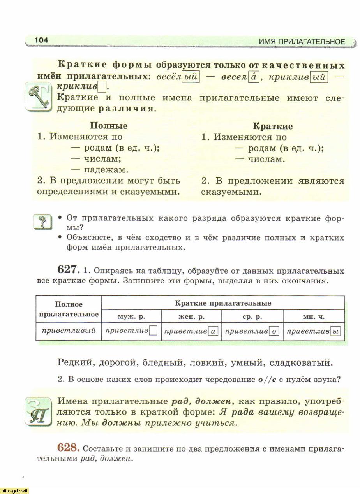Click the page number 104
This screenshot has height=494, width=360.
point(41,40)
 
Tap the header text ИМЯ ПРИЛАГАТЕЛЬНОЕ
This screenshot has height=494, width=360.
point(302,42)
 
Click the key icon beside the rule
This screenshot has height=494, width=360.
point(38,96)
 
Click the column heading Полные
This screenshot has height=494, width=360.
point(109,126)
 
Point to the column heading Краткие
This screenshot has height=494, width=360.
point(273,126)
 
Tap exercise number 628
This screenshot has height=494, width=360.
point(69,448)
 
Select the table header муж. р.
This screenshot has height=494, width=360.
point(131,317)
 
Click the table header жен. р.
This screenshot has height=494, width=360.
point(191,317)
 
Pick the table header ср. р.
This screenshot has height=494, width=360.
point(252,317)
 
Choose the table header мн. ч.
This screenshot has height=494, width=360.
point(314,317)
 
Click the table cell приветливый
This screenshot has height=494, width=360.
point(69,331)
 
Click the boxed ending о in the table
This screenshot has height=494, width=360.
point(274,331)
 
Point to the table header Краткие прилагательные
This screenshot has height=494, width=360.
point(223,303)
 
